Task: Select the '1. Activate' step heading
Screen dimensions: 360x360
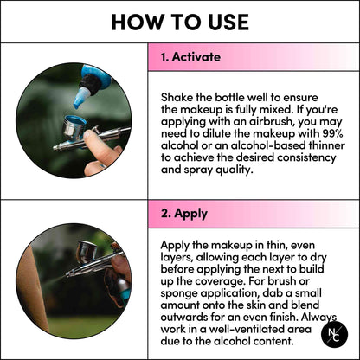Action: [x=190, y=57]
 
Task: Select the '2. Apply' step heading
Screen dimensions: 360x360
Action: [x=184, y=214]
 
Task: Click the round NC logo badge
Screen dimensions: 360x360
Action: [x=334, y=334]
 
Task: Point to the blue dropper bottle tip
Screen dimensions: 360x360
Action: [x=77, y=106]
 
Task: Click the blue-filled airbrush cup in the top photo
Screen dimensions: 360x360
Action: [x=74, y=126]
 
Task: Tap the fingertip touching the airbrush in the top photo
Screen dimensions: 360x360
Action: [x=91, y=139]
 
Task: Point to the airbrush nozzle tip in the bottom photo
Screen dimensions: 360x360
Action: [x=67, y=276]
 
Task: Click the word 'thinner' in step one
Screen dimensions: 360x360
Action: [x=327, y=145]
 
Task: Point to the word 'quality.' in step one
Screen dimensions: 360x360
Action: [x=234, y=170]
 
